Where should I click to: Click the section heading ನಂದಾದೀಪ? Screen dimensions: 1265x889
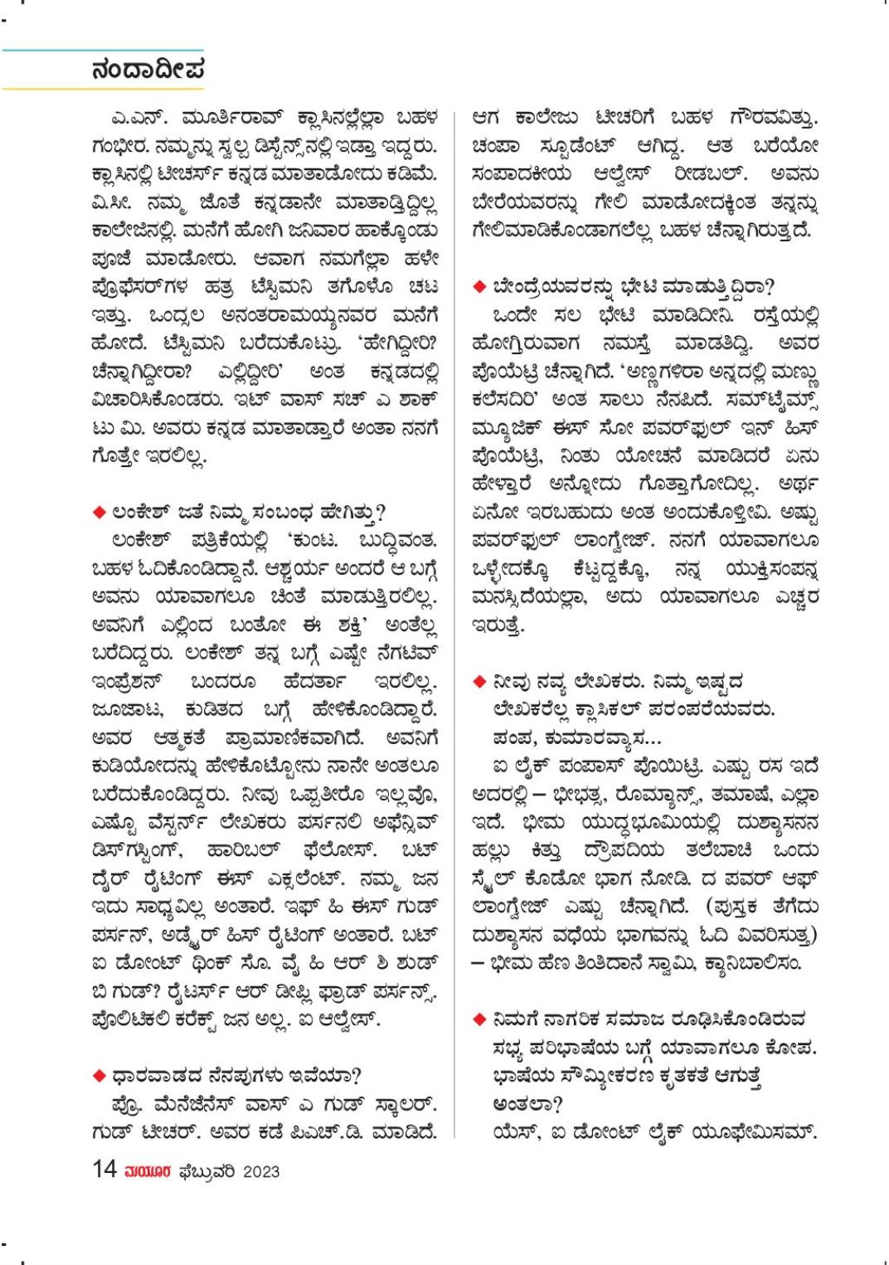[148, 70]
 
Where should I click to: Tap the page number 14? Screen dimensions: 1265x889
[104, 1170]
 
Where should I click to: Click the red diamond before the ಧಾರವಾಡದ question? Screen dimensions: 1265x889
[98, 1075]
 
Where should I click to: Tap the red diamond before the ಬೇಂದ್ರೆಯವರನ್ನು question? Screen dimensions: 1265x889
[479, 287]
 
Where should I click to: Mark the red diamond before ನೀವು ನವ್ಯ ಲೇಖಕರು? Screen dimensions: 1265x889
[479, 682]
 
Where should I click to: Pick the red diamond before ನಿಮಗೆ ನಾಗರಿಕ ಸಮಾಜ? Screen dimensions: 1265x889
[479, 1019]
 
